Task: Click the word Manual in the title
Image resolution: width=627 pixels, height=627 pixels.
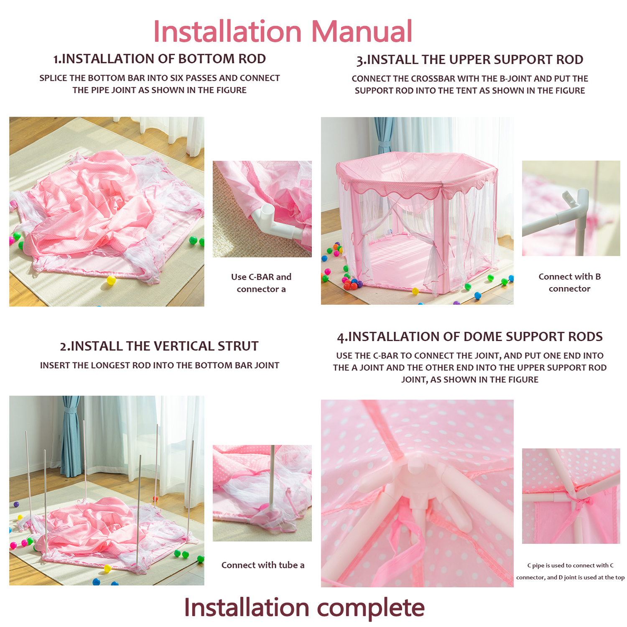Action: point(362,31)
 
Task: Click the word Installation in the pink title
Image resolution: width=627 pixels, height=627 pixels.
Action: point(227,31)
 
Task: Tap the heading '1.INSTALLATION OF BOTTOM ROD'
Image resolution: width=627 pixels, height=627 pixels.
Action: point(159,59)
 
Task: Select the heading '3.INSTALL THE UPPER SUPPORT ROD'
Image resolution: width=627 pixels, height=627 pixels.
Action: point(470,60)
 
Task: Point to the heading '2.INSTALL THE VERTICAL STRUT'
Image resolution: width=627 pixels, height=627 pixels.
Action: point(159,346)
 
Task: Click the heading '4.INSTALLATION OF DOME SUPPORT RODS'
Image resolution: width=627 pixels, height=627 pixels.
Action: point(470,336)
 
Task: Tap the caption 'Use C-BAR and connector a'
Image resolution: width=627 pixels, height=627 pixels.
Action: point(261,283)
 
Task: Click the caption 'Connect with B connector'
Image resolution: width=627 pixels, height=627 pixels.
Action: point(570,283)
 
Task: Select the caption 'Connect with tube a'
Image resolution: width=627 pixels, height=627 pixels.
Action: point(263,565)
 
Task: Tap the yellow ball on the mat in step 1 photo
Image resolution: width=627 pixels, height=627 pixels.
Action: point(111,280)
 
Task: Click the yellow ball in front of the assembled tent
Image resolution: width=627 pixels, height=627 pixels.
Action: point(415,291)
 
